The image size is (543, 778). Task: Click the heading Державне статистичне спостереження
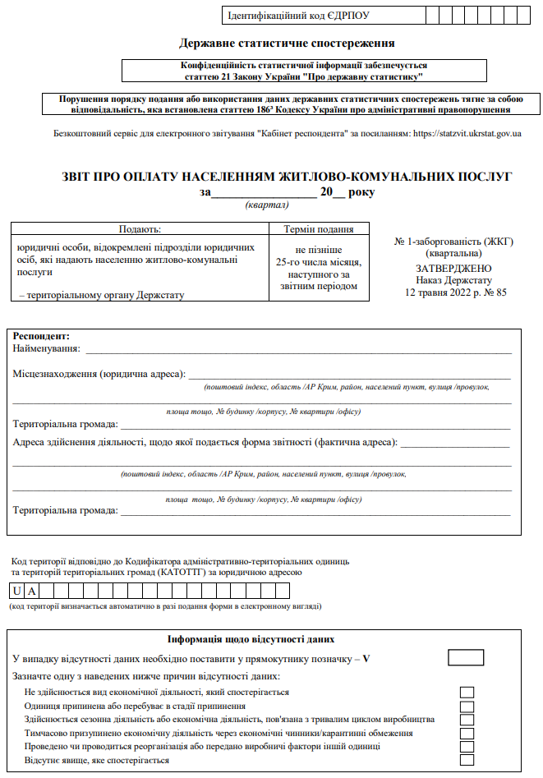point(288,43)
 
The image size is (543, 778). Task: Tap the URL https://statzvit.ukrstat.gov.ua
point(467,133)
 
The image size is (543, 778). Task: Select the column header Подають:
point(140,230)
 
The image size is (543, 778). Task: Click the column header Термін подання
point(318,230)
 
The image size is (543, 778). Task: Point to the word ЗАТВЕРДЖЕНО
point(453,268)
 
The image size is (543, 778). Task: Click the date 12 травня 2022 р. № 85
point(453,292)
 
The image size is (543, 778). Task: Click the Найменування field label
point(47,349)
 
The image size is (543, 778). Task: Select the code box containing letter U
point(17,591)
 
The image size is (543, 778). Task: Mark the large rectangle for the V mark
point(466,657)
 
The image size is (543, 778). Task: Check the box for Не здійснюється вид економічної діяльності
point(467,693)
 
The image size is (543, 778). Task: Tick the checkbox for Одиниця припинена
point(467,706)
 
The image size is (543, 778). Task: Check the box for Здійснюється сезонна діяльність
point(467,720)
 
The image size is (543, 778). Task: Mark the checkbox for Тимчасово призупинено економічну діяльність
point(467,733)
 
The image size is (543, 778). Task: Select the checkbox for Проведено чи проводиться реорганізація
point(467,747)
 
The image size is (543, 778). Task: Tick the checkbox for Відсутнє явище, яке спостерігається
point(467,761)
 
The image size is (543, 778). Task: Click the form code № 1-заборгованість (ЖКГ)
point(453,242)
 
